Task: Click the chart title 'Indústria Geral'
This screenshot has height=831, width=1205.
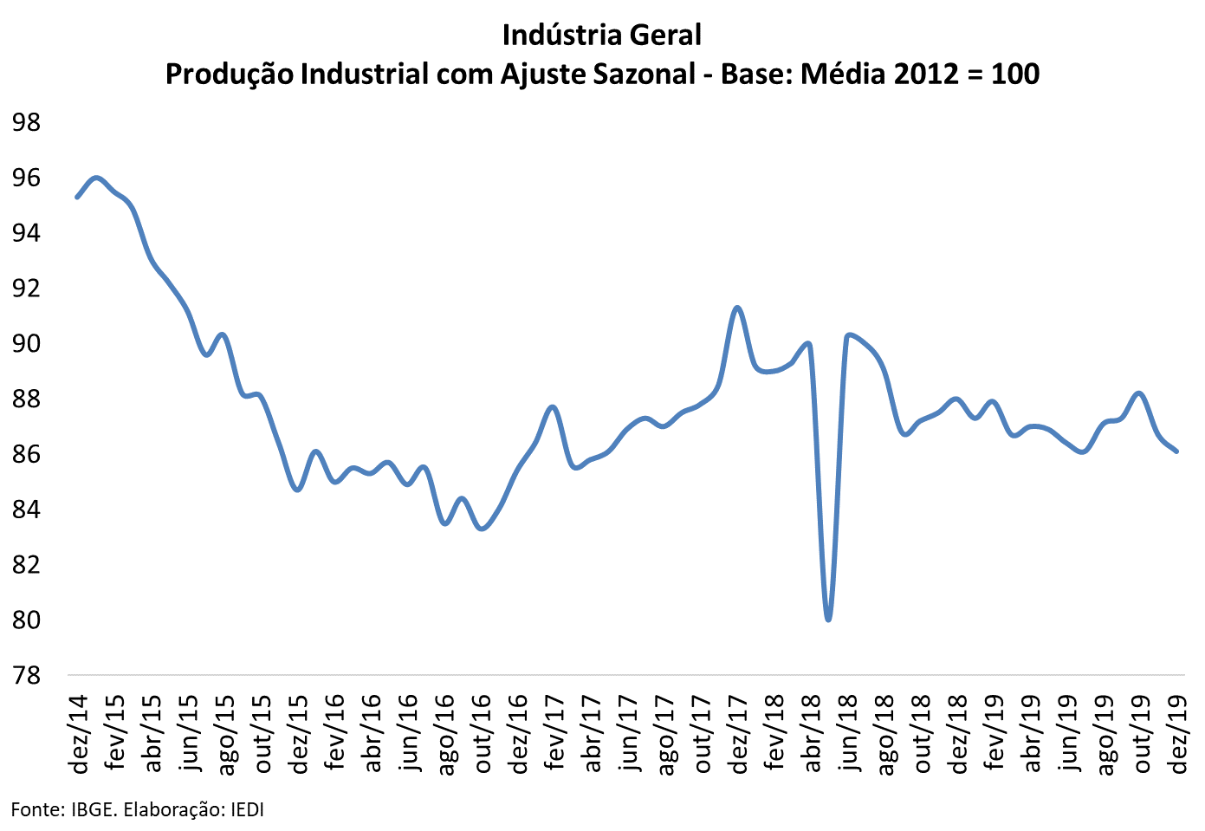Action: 601,35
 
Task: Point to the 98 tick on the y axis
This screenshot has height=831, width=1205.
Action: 26,122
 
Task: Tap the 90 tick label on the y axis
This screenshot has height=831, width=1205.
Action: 26,344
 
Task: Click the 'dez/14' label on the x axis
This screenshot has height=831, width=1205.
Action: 79,732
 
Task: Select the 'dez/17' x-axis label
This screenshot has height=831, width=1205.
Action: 739,732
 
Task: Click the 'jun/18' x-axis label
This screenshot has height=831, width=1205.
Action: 849,732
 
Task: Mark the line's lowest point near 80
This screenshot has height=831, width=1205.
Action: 829,620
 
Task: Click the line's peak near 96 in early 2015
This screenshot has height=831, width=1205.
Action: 96,178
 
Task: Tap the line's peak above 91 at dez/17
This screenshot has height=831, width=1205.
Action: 737,308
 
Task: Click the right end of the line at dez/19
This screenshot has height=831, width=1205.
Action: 1176,451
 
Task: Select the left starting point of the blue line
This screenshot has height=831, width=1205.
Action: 77,197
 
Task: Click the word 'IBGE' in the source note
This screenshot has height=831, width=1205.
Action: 94,810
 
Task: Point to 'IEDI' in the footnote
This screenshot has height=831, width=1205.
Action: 246,810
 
